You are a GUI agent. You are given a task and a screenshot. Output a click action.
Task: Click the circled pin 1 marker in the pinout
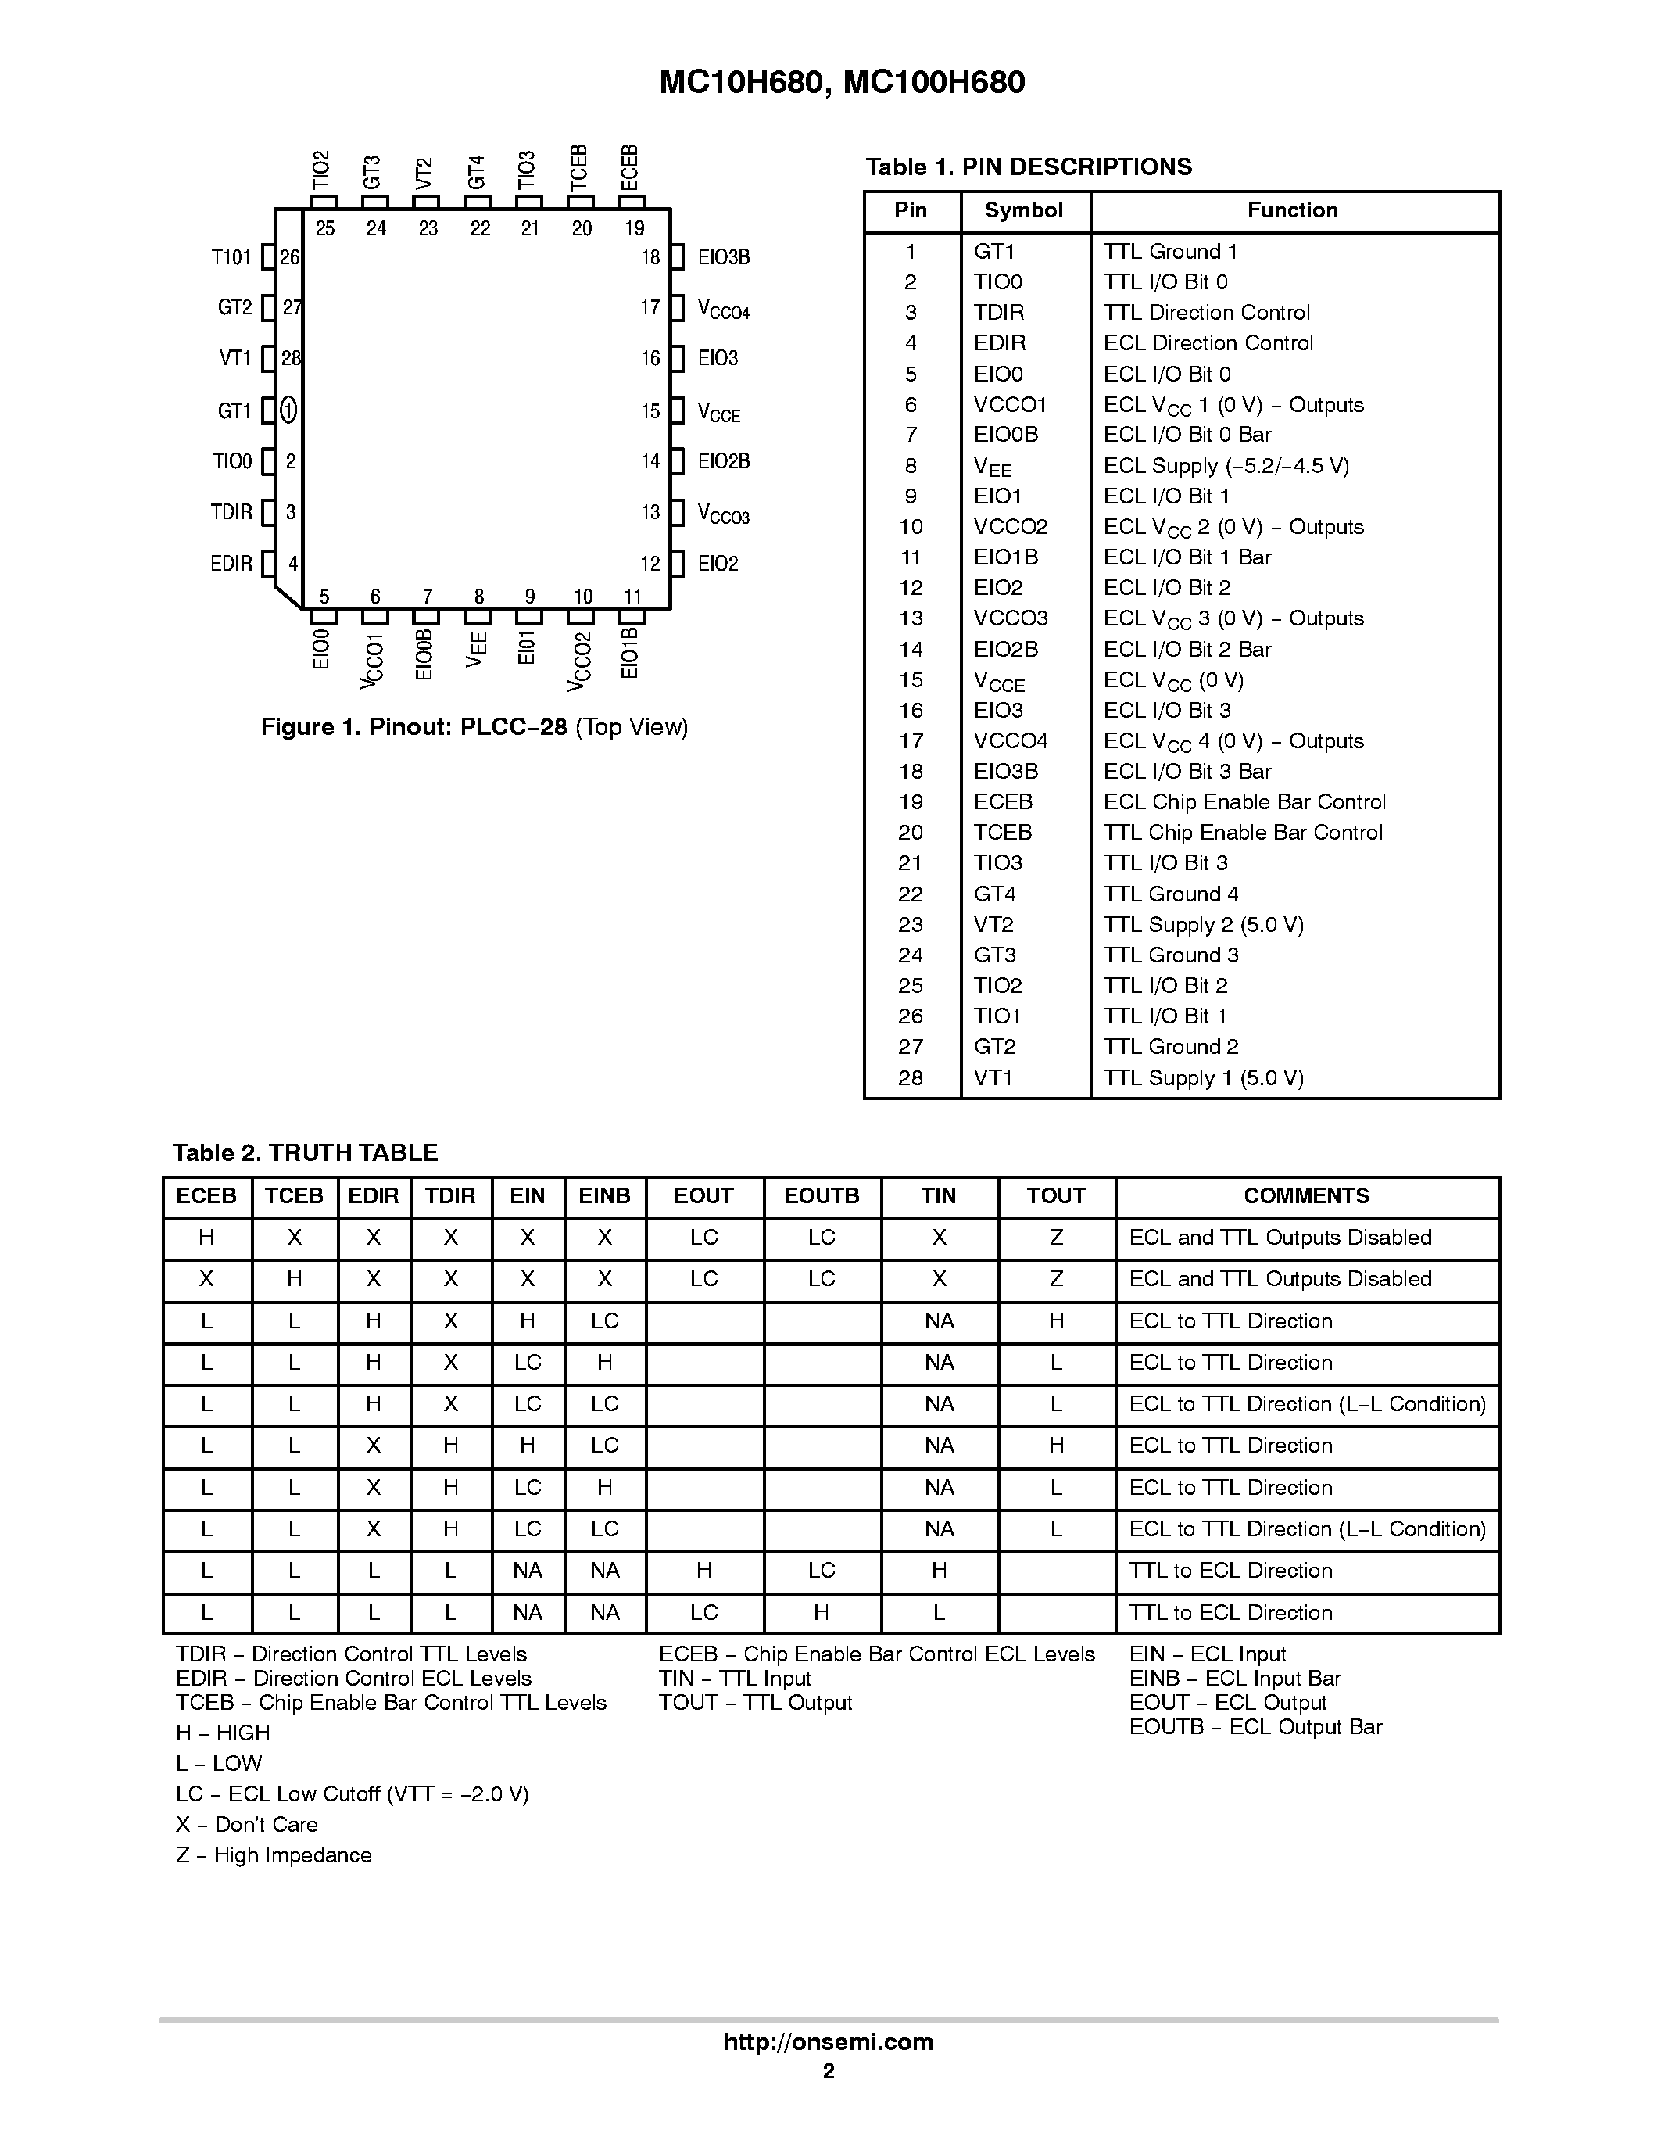click(x=288, y=410)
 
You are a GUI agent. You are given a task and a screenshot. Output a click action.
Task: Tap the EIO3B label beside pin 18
click(x=723, y=258)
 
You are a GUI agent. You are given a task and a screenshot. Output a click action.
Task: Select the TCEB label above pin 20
click(x=578, y=167)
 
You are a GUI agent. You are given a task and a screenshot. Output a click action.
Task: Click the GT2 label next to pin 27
click(x=235, y=308)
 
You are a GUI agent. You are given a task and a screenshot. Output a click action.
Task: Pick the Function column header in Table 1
click(x=1292, y=210)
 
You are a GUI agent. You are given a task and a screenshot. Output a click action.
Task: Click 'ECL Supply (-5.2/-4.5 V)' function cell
click(x=1225, y=466)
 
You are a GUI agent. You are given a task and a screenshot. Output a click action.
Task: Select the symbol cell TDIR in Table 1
click(x=999, y=313)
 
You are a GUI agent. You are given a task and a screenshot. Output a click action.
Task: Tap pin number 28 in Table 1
click(x=910, y=1078)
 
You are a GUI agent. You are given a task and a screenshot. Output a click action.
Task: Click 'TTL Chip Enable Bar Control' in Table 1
click(x=1243, y=833)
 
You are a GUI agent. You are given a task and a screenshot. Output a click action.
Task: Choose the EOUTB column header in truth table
click(x=821, y=1196)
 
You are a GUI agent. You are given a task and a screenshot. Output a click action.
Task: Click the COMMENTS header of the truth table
click(x=1306, y=1196)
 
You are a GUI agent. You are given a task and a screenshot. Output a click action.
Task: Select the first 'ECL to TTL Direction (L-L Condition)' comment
click(x=1307, y=1405)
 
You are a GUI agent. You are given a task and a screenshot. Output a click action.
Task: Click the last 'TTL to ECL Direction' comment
click(x=1230, y=1612)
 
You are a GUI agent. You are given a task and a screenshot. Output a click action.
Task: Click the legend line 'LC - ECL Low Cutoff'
click(x=351, y=1794)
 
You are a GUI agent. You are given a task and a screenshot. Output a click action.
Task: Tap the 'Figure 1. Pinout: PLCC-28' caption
click(x=474, y=728)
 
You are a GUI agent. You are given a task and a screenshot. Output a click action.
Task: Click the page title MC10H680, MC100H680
click(x=841, y=82)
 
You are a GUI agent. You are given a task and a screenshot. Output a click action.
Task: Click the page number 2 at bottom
click(x=829, y=2071)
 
